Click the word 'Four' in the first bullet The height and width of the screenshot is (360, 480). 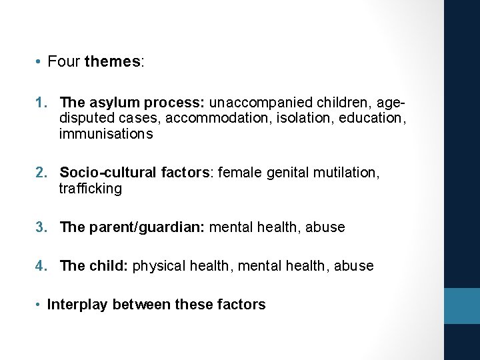pos(65,62)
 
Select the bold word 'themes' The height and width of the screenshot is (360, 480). pos(113,62)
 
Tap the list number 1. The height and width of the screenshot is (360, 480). pos(40,103)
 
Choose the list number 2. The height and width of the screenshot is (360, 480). pos(41,173)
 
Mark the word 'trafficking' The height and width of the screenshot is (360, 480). pos(91,189)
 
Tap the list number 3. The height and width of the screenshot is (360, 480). pos(41,227)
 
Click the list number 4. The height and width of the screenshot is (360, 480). pos(41,266)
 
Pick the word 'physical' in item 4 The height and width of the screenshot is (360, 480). pos(160,266)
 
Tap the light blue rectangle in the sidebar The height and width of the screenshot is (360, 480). pos(462,306)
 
